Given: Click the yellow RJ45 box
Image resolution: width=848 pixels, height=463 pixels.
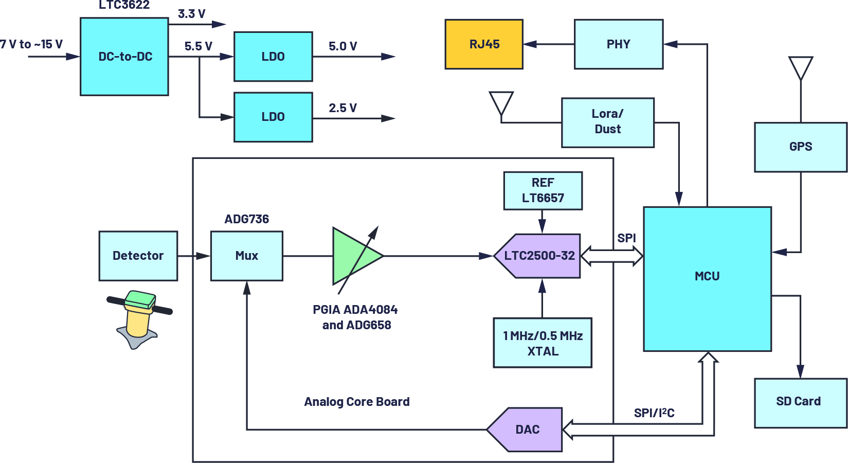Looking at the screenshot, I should point(484,44).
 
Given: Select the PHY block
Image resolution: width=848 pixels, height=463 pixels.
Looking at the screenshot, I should point(618,44).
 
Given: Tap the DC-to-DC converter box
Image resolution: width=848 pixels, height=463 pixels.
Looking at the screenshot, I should point(124,57).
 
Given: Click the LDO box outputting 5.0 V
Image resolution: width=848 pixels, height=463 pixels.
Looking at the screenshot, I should point(273,57).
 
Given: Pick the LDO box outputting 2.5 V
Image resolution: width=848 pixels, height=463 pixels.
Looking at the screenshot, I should point(273,117).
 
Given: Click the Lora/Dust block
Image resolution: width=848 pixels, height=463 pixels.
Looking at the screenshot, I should point(607,122).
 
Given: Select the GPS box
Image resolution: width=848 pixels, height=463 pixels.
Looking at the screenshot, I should point(800,147).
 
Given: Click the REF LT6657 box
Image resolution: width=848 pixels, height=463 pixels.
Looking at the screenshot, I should point(543,190).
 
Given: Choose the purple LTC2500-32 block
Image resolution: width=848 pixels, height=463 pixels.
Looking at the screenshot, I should point(538,256).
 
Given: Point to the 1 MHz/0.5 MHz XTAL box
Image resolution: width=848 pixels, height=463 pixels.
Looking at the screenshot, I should point(543,343).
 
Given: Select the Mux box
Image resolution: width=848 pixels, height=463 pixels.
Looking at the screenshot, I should point(246,256).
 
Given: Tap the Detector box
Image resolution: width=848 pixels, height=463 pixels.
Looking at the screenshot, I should point(138,256).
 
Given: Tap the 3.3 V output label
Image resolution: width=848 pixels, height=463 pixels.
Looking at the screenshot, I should point(191,14).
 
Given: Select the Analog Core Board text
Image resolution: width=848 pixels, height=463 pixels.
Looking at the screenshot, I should point(356,402).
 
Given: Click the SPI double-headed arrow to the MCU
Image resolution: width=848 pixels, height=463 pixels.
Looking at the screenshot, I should point(612,256).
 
